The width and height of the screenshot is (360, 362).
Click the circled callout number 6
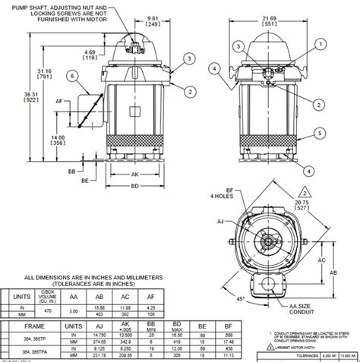(72, 76)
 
